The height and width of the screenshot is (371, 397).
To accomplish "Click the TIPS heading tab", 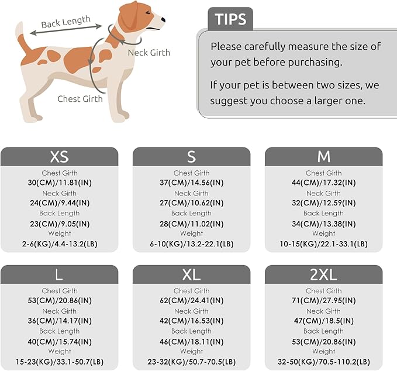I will click(x=230, y=19).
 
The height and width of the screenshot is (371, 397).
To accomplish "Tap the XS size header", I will click(x=59, y=156).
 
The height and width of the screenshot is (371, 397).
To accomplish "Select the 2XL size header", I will click(x=323, y=274).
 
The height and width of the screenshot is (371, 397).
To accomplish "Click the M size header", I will click(x=323, y=156).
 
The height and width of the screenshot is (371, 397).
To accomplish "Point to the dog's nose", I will click(x=163, y=20).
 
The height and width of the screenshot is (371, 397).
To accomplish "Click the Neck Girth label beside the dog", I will click(x=149, y=53).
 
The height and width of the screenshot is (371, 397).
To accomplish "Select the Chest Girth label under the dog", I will click(x=80, y=98).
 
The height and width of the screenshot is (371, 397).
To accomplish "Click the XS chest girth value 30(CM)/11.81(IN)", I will click(x=59, y=183).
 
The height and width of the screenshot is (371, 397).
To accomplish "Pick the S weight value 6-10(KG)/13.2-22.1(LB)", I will click(x=191, y=244).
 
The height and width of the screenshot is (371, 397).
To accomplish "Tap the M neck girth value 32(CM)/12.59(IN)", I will click(x=323, y=203).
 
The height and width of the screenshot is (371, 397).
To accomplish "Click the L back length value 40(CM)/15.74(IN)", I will click(x=59, y=341).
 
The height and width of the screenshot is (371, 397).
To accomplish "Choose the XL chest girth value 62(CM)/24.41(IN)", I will click(x=191, y=301).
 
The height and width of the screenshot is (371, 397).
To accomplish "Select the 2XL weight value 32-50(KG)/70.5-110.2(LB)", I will click(x=323, y=362).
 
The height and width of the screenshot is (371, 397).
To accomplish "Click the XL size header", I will click(x=191, y=274).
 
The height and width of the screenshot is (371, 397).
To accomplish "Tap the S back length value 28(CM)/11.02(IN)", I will click(x=191, y=224).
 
